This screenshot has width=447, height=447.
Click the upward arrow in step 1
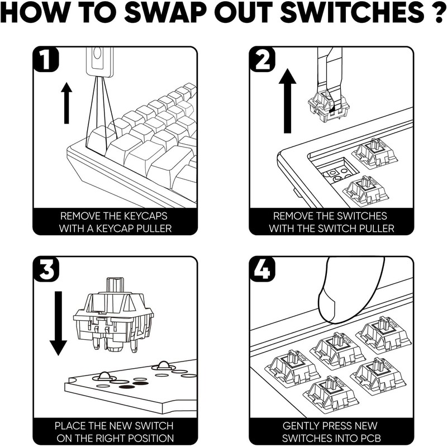66,103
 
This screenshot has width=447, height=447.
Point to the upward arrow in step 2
288,101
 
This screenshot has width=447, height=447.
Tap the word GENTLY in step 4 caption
303,426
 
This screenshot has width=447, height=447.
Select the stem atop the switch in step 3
115,284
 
